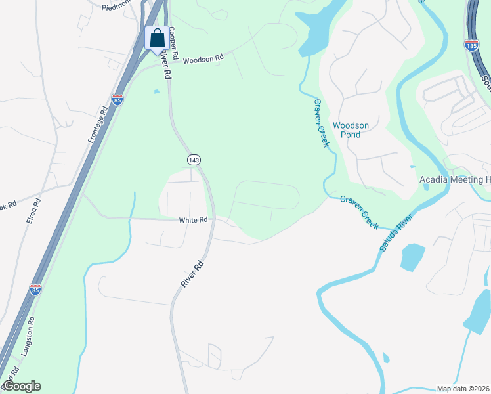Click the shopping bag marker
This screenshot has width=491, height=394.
157,37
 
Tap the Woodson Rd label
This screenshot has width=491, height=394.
203,58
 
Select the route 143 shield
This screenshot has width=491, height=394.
193,160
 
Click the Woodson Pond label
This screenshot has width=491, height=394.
351,131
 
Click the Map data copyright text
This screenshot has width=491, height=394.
463,389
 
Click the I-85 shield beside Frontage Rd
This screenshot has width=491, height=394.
117,100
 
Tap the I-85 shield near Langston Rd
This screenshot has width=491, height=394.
35,290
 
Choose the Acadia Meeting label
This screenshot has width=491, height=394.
455,180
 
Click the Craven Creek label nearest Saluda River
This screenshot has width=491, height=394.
359,211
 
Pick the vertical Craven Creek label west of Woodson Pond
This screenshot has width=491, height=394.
320,123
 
